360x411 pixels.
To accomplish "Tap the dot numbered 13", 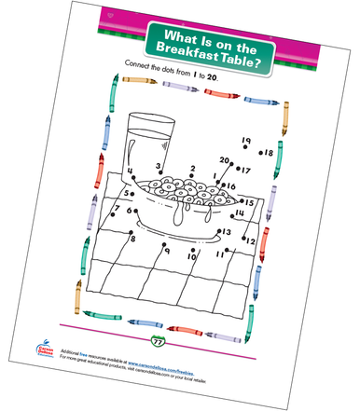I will click(216, 231).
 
